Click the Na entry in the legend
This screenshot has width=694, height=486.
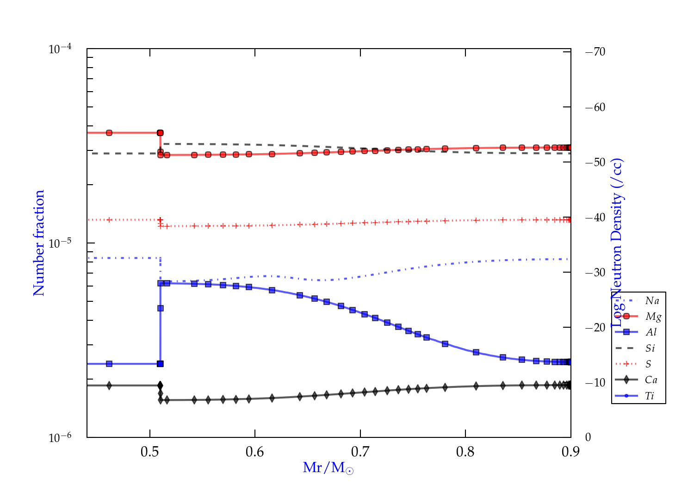click(652, 301)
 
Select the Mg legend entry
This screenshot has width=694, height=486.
click(653, 317)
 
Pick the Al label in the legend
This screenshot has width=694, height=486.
click(651, 332)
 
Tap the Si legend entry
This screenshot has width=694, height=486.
click(650, 348)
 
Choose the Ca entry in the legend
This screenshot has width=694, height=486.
click(651, 380)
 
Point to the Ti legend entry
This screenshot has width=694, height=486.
click(650, 396)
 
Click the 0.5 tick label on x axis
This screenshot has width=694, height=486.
click(150, 452)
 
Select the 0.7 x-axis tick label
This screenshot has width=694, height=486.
click(360, 452)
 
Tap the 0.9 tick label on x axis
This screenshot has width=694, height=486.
click(570, 452)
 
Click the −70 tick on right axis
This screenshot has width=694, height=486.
click(595, 52)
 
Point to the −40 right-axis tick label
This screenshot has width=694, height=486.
click(595, 218)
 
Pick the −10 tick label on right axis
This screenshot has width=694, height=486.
click(595, 383)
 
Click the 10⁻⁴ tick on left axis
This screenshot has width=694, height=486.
click(60, 49)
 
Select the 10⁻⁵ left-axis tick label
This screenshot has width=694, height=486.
click(60, 243)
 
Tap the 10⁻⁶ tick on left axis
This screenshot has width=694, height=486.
click(60, 437)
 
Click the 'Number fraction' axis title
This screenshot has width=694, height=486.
click(39, 243)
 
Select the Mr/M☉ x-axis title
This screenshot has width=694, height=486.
click(328, 468)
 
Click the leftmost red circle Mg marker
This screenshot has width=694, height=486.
click(109, 133)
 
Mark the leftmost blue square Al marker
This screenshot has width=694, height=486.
click(109, 364)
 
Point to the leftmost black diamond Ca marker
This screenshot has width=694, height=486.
click(109, 386)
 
